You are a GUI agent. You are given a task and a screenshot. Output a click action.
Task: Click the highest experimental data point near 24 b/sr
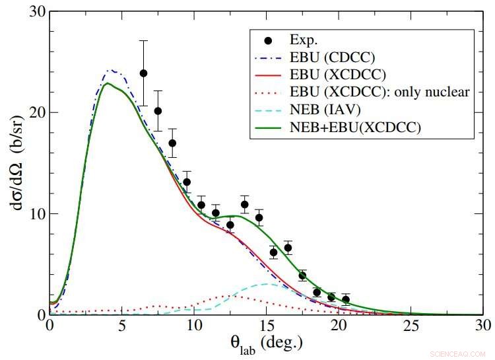tap(143, 73)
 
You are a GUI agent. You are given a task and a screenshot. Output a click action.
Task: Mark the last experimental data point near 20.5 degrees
tap(346, 299)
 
